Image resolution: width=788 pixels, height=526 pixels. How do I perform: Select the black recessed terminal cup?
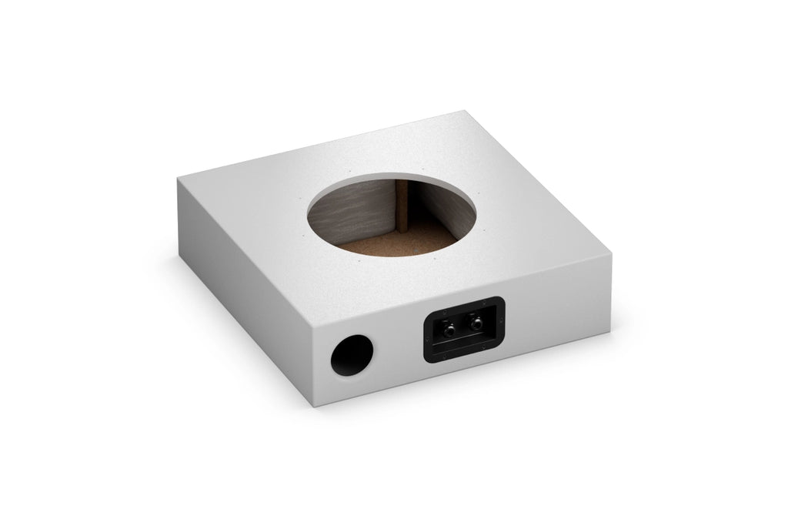(463, 330)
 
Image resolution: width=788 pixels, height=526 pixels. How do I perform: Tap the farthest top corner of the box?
(467, 110)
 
